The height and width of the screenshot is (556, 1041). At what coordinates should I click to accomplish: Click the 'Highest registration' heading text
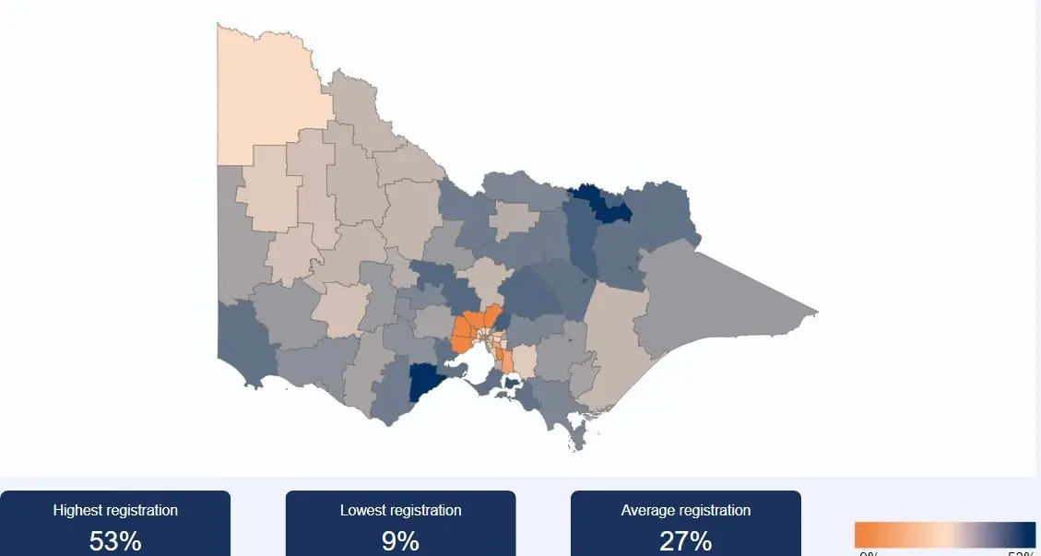(x=115, y=510)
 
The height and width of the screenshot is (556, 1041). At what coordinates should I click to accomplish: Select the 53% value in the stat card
(x=115, y=540)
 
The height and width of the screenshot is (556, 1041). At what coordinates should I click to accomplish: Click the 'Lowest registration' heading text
(x=400, y=510)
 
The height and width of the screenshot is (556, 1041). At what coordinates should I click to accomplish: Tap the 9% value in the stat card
(x=400, y=540)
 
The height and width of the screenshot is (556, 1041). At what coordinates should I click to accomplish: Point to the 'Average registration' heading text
(x=685, y=510)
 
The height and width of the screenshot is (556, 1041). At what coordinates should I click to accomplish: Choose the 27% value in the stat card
(x=685, y=540)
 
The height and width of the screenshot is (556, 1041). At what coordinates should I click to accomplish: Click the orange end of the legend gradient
(x=867, y=535)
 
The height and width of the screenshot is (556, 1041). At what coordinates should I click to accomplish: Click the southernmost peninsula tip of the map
(x=578, y=446)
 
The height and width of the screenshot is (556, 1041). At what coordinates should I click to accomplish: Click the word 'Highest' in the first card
(x=77, y=510)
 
